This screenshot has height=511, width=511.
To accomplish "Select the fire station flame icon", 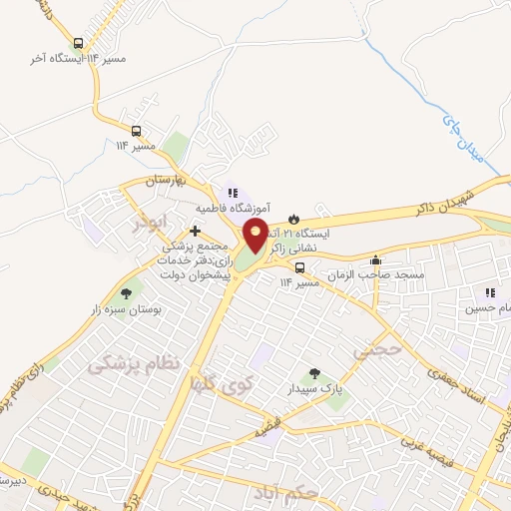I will coord(292,218).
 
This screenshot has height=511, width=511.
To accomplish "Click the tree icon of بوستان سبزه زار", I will coord(126,292).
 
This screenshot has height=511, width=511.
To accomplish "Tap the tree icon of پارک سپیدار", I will coord(314,374).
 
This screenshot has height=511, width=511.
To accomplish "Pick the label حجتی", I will coord(377,351).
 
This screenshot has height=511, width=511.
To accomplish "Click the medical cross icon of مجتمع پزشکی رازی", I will coord(194,231).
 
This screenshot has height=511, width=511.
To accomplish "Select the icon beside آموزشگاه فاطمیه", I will coord(232,193).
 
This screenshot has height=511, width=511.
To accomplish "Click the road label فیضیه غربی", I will coord(432,442).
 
